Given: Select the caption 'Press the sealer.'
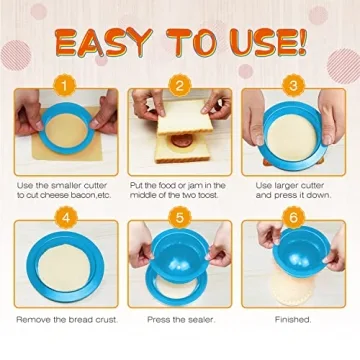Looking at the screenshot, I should pyautogui.click(x=180, y=319).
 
